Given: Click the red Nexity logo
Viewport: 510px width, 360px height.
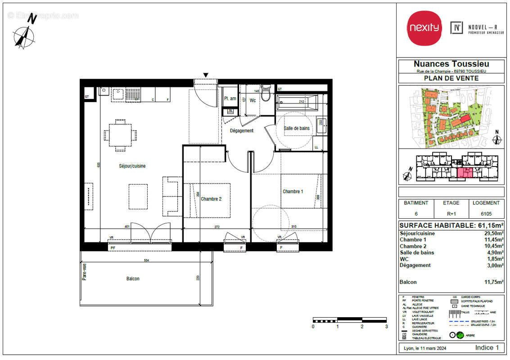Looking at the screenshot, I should [x=424, y=27].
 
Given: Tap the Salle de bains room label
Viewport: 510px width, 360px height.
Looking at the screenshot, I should [x=297, y=128].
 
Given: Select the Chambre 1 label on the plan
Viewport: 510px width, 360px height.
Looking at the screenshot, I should [x=293, y=192].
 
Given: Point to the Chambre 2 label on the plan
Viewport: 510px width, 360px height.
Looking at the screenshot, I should [x=211, y=199].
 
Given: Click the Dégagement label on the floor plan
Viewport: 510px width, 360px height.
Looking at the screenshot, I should [x=242, y=130].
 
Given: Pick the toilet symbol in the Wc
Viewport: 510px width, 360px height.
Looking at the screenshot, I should [x=266, y=94].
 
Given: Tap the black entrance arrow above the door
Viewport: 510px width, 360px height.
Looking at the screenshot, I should [x=206, y=75].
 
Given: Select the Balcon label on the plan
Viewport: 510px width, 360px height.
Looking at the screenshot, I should [x=133, y=279].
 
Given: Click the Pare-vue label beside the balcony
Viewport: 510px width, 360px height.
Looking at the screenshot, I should [x=84, y=272].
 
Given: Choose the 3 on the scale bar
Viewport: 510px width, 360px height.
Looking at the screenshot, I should [x=386, y=327].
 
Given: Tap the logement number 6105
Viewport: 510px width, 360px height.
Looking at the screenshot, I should [x=486, y=214].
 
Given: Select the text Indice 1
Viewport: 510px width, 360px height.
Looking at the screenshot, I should [x=487, y=348].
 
